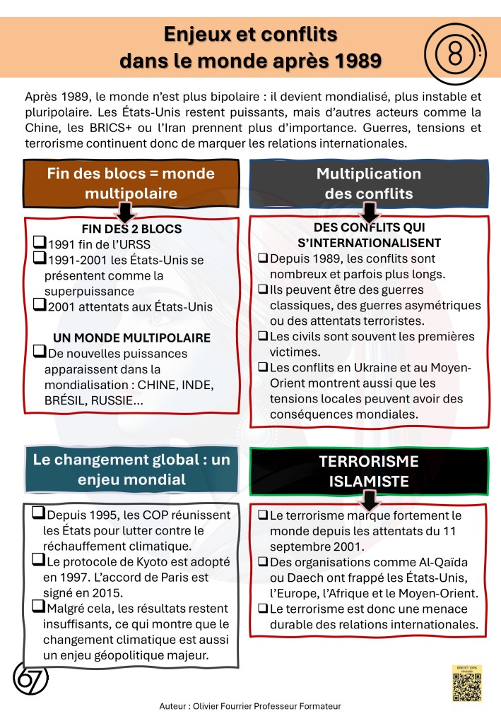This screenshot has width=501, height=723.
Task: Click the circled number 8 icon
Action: pos(452,51)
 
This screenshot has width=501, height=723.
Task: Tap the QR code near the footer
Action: pos(466,687)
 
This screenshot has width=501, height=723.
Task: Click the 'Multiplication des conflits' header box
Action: pos(368,183)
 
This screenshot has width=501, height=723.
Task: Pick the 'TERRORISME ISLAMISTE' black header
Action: pos(368,471)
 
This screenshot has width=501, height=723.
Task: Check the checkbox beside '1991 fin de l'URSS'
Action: pos(40,244)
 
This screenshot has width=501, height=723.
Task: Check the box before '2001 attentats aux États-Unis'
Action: pos(40,306)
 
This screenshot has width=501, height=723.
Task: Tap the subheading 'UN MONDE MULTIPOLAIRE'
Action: pos(132,337)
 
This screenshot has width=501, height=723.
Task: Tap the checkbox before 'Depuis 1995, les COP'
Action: pos(40,515)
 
